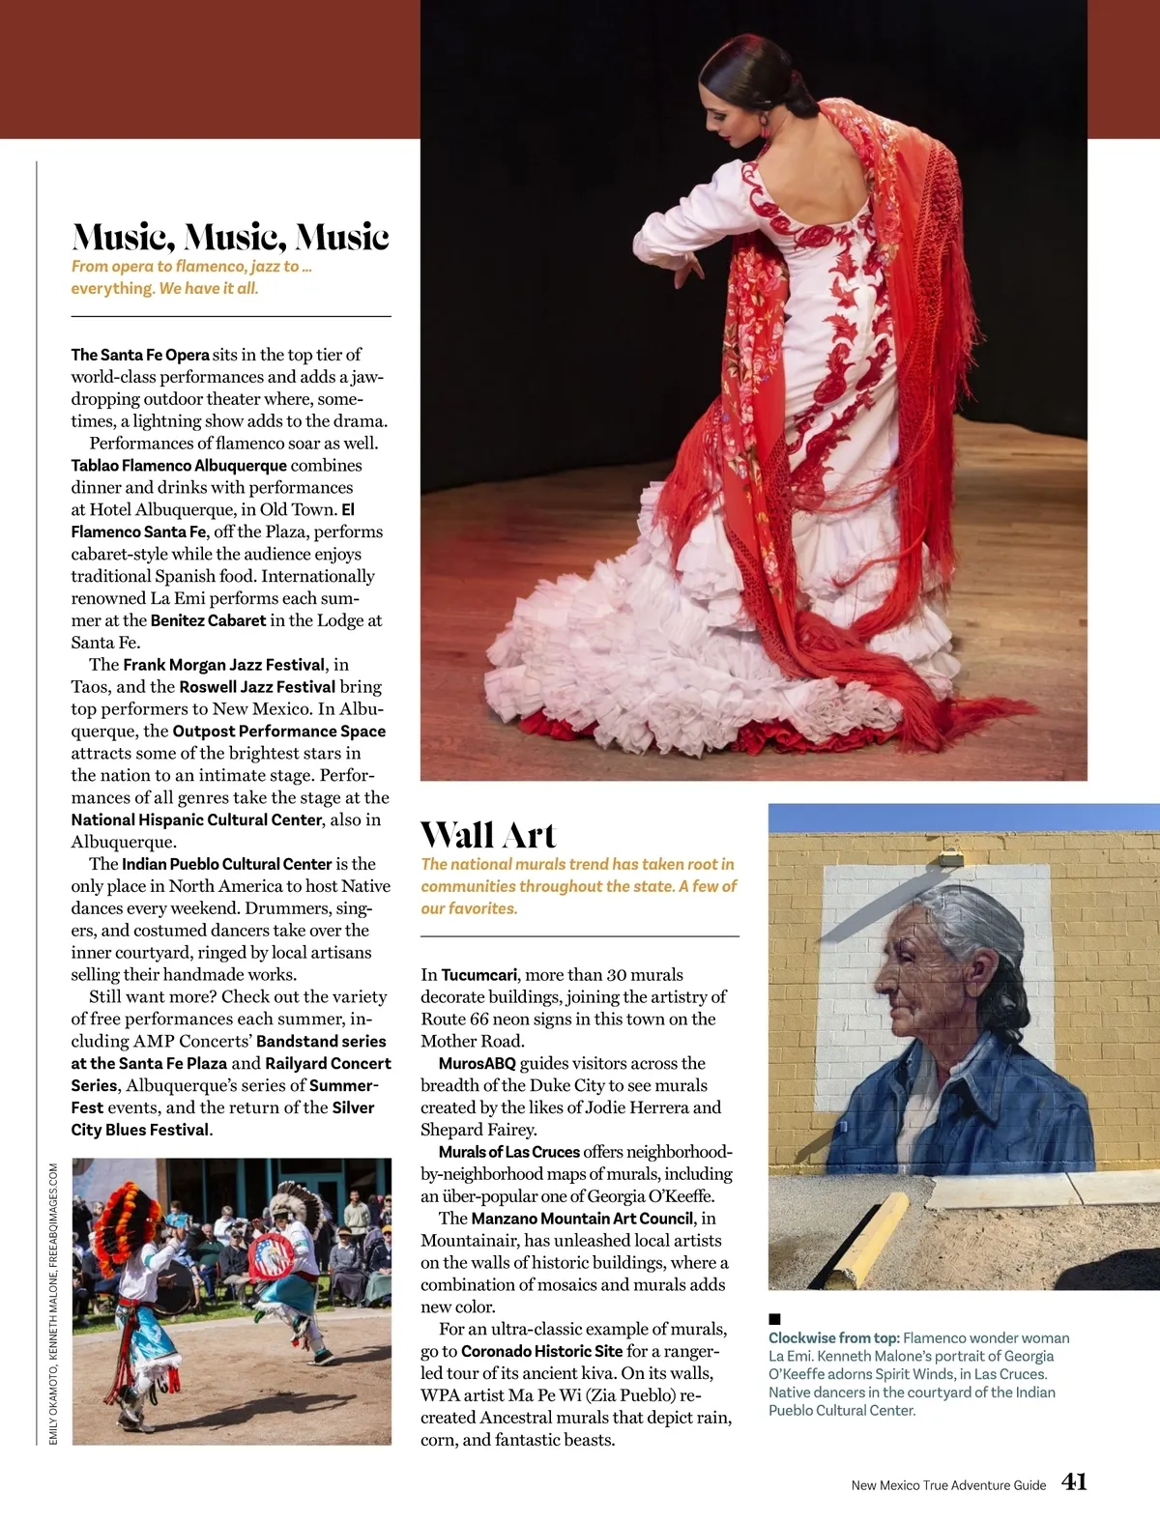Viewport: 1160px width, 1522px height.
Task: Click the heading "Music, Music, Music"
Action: click(x=230, y=237)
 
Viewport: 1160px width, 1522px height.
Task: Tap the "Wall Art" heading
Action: click(x=488, y=835)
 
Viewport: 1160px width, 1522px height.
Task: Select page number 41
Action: click(x=1074, y=1482)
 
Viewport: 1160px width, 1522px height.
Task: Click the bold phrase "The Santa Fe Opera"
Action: click(x=140, y=355)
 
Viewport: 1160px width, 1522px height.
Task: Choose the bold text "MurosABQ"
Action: click(x=477, y=1064)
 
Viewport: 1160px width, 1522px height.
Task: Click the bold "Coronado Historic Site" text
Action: click(x=541, y=1352)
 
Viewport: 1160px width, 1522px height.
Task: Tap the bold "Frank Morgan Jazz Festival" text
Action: click(x=223, y=665)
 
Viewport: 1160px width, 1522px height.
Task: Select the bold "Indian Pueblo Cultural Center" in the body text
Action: click(x=226, y=864)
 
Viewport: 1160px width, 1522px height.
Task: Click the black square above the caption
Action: click(x=774, y=1318)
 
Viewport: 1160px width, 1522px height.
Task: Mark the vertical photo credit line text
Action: click(x=53, y=1304)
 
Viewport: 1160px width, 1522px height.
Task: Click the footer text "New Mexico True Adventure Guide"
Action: click(x=948, y=1485)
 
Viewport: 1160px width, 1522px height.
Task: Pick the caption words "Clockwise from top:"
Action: click(x=833, y=1338)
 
